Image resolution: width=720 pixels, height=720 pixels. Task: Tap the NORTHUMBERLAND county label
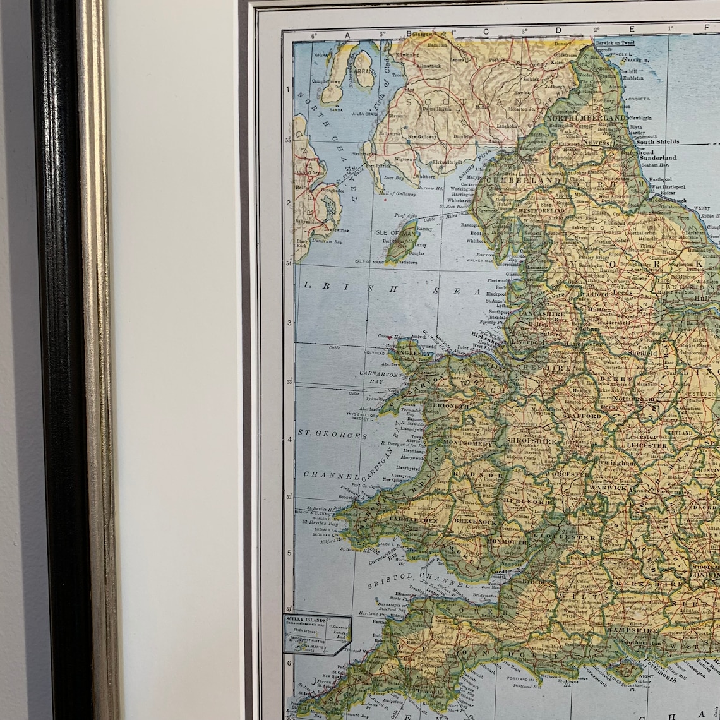(587, 118)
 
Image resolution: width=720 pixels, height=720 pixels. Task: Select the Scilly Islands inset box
(316, 633)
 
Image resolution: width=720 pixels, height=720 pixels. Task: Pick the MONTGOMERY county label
(467, 444)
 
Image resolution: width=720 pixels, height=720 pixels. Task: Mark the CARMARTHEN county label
(413, 519)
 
